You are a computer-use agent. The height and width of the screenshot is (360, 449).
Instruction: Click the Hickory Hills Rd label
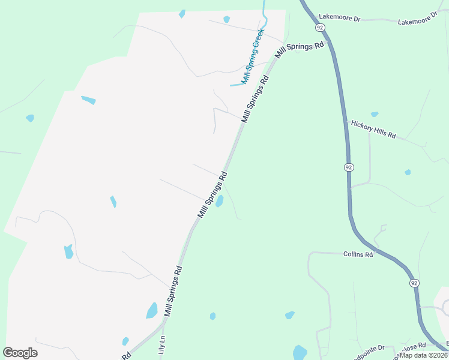(373, 128)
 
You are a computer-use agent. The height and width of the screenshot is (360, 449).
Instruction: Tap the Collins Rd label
(358, 254)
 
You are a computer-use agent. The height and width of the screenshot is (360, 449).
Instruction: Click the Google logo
(20, 353)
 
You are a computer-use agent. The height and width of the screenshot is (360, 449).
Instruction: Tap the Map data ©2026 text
(424, 355)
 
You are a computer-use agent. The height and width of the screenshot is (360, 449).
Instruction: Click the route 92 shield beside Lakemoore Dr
(320, 28)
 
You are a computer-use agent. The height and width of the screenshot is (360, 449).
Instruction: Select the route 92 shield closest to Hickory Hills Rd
(349, 167)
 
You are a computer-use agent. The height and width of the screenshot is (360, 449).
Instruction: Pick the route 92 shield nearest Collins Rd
(415, 283)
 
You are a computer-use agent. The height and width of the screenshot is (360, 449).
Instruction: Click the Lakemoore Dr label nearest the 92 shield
(340, 19)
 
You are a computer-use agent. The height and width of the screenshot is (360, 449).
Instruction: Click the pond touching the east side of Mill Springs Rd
(220, 201)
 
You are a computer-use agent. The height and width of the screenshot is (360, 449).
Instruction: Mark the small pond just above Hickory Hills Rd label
(375, 114)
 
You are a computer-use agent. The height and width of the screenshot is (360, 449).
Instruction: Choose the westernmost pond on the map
(30, 118)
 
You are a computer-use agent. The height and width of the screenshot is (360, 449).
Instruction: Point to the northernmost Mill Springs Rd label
(300, 49)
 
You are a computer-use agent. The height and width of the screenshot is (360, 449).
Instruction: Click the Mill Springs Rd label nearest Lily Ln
(173, 292)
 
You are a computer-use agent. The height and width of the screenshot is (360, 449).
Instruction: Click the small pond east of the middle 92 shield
(408, 172)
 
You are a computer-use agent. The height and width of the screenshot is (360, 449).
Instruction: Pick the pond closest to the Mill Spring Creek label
(226, 19)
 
